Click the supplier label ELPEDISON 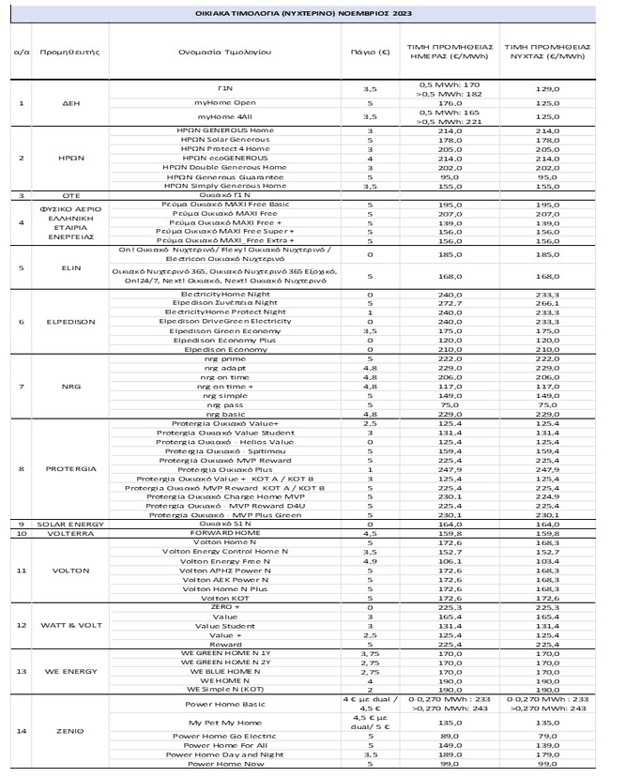coord(58,322)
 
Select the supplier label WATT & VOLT coord(58,625)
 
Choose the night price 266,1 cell coord(546,303)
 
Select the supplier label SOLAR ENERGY coord(58,524)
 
